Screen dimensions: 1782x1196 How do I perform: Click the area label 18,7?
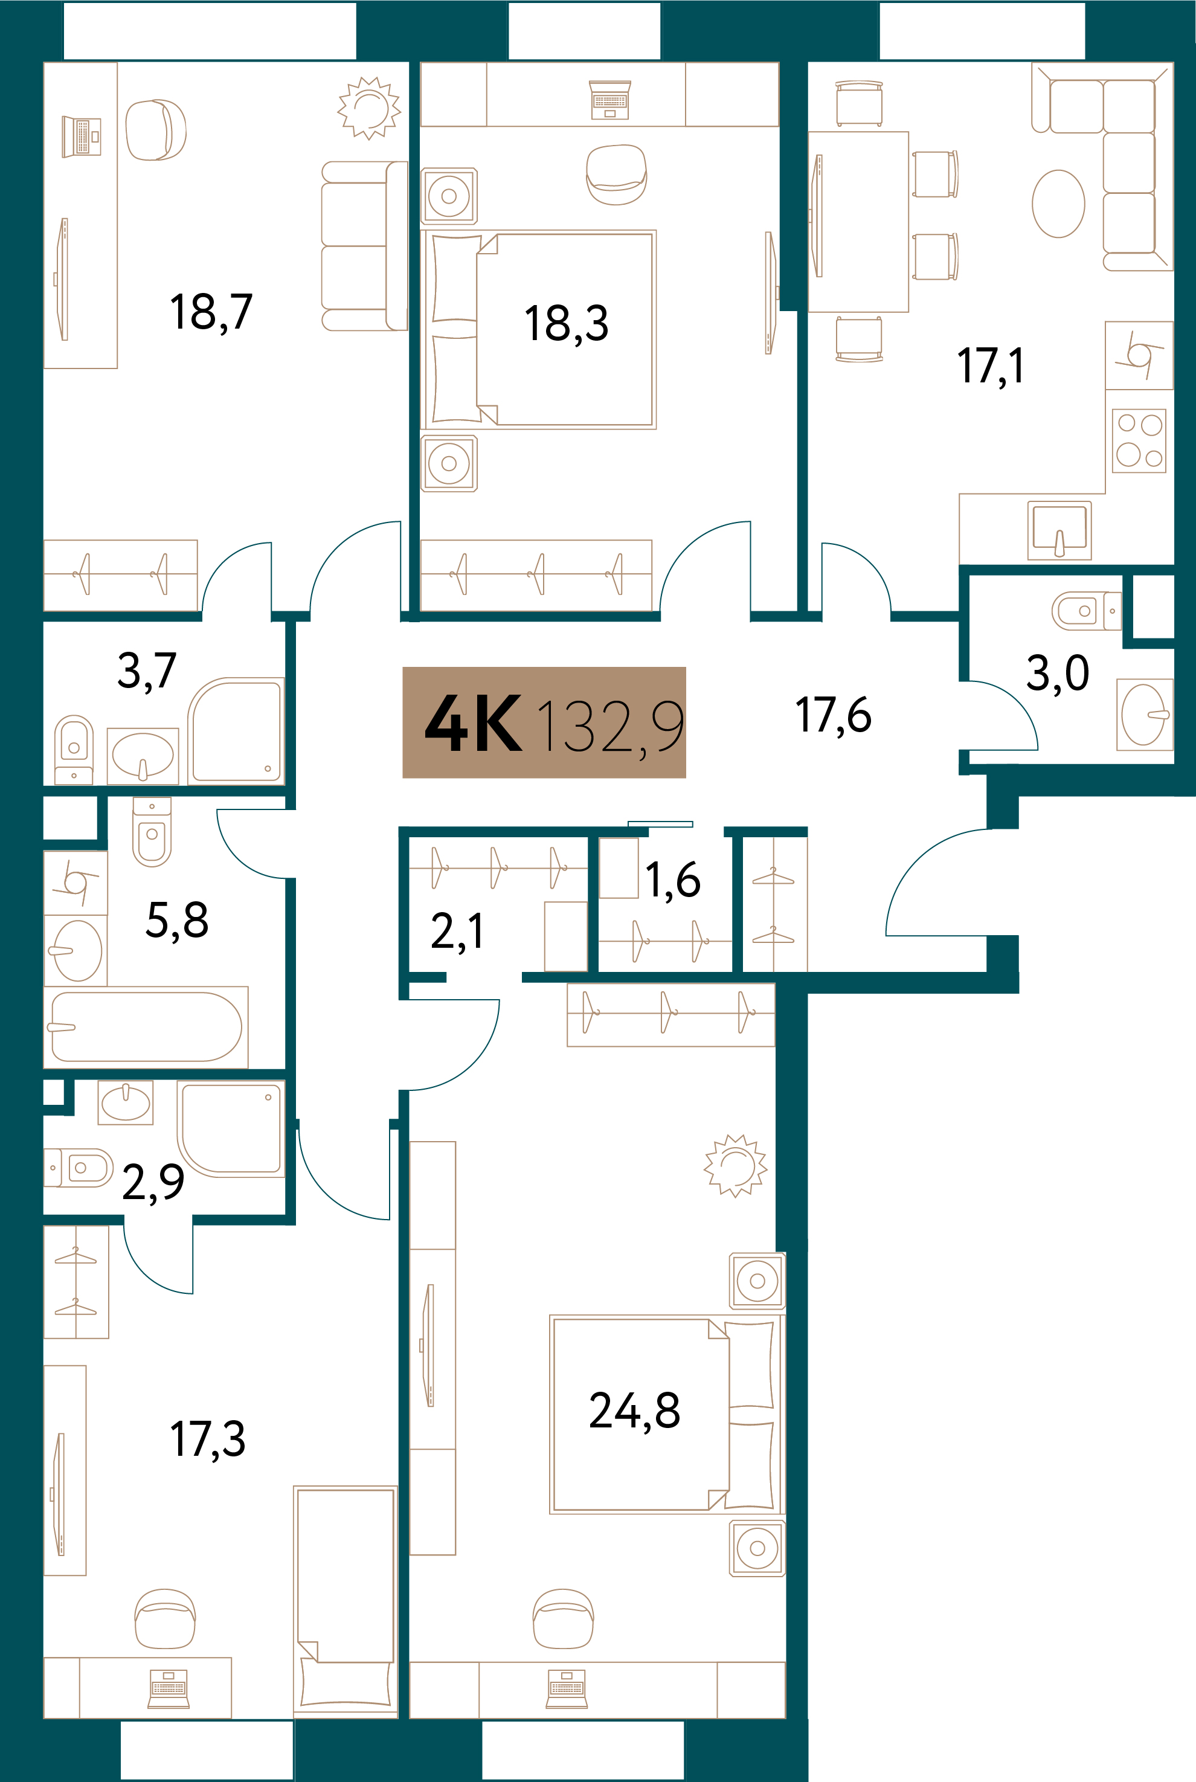tap(211, 312)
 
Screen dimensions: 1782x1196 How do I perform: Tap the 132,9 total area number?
tap(609, 727)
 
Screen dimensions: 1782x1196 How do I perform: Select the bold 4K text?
tap(474, 724)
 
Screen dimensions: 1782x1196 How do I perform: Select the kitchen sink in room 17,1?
tap(1059, 529)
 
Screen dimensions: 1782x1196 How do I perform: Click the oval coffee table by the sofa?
tap(1058, 204)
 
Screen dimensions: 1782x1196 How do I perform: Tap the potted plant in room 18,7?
tap(369, 108)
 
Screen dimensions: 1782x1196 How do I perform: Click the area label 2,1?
tap(457, 931)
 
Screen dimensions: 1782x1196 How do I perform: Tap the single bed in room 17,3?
tap(346, 1599)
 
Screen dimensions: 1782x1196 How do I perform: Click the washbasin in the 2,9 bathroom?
tap(126, 1103)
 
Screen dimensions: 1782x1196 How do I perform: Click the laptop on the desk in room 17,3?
tap(168, 1688)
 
